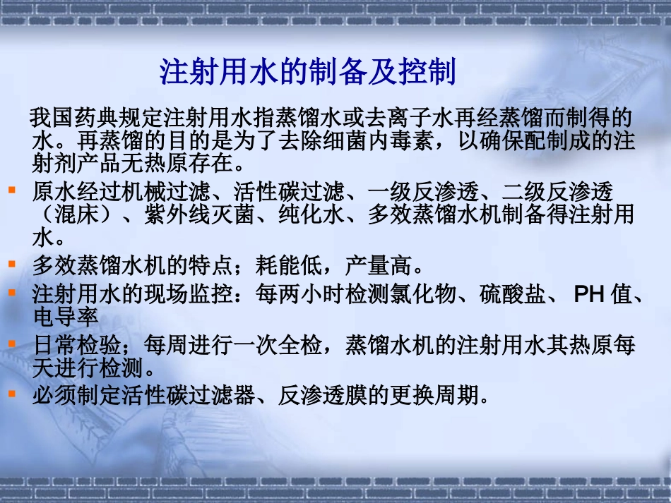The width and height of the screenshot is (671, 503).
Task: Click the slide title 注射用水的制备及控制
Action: pos(308,73)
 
